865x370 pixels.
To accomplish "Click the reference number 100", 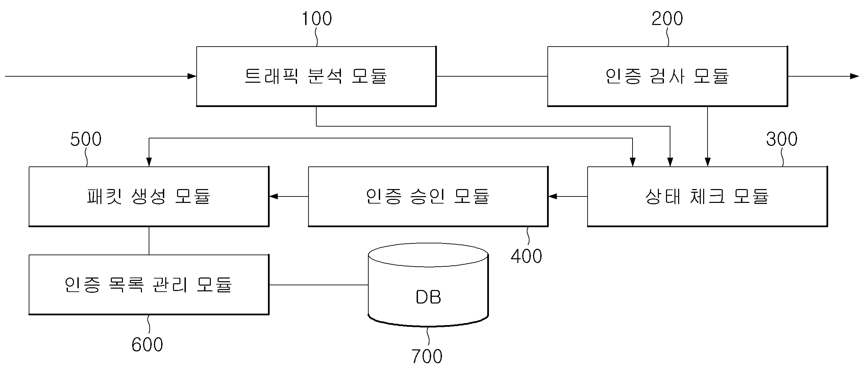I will (x=317, y=19).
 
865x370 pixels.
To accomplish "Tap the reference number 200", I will (x=667, y=19).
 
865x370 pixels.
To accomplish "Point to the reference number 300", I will (x=782, y=139).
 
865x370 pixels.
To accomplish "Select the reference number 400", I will (x=526, y=256).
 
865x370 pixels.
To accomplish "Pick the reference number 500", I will (x=86, y=139).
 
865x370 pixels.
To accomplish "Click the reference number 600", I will (x=147, y=345).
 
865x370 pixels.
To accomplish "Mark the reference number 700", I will (x=427, y=356).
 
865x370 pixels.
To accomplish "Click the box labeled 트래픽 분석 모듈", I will (x=316, y=76).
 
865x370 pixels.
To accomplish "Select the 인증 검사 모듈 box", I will (x=667, y=76).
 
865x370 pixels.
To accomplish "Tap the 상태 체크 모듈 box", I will (x=707, y=196).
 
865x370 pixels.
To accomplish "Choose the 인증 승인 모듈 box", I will (x=428, y=196).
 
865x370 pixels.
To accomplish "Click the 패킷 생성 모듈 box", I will (x=149, y=196).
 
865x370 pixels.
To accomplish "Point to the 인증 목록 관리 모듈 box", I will (x=149, y=285).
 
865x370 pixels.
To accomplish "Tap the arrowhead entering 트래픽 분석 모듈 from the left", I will (x=192, y=76).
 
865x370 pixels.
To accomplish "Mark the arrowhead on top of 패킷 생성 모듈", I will (x=149, y=162).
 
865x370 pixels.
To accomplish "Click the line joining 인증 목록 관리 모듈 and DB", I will (x=318, y=285).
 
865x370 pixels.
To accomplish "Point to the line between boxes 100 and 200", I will (x=492, y=76).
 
